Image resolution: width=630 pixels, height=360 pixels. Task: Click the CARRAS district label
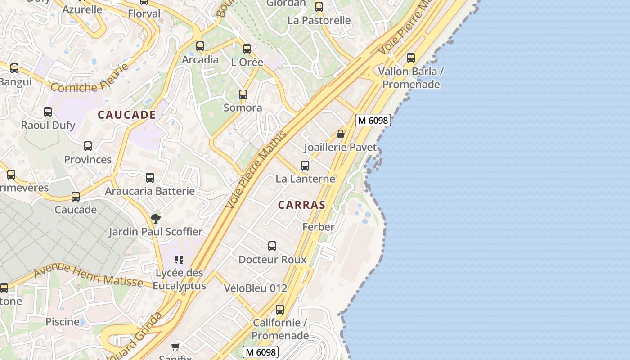coord(301,205)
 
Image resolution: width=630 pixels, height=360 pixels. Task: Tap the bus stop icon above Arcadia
coord(200,46)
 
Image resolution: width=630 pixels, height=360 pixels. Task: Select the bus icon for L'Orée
coord(247,49)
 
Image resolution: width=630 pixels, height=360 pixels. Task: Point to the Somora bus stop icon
coord(243,94)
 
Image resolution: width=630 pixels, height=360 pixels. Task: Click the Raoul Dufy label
coord(48,125)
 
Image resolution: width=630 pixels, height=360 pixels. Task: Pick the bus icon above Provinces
coord(88,146)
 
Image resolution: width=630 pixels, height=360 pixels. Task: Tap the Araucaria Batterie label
coord(150,191)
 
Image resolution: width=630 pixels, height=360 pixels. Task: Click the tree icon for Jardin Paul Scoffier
coord(156,219)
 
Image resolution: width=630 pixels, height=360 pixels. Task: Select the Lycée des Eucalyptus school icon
coord(179,260)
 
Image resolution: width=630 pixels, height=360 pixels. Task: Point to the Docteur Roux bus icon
coord(272,246)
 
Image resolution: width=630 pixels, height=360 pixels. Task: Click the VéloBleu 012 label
coord(256,288)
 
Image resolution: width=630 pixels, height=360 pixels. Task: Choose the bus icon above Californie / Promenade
coord(280,310)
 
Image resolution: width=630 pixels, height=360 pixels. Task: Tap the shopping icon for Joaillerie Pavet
coord(341,134)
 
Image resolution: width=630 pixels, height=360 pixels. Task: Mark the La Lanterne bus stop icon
coord(305,166)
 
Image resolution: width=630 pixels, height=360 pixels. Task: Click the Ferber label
coord(319,227)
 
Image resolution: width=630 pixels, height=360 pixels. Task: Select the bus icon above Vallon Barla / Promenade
coord(411,58)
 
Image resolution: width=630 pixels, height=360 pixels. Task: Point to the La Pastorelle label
coord(319,20)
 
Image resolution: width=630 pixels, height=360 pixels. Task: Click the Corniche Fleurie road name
coord(90,81)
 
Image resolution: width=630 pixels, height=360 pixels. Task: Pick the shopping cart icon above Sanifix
coord(175,346)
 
